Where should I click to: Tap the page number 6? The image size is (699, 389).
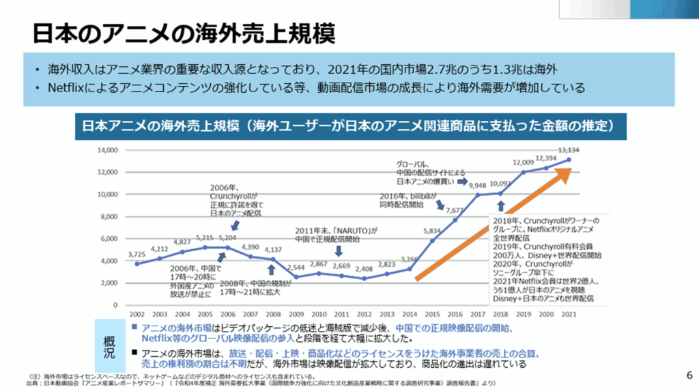click(x=687, y=374)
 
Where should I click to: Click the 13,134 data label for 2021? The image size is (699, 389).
click(x=569, y=150)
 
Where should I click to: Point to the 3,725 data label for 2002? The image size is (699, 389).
click(x=137, y=255)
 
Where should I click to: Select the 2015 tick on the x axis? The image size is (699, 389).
click(x=432, y=313)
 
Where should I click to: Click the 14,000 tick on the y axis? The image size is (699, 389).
click(x=108, y=149)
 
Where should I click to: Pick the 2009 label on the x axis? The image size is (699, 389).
click(x=296, y=313)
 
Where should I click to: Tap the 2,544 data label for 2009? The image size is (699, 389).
click(x=296, y=268)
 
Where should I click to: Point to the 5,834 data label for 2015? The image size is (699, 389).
click(x=431, y=231)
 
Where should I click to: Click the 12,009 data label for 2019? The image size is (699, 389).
click(x=524, y=162)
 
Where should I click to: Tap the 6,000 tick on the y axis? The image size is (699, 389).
click(x=110, y=238)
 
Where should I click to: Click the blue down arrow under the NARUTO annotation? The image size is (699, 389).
click(x=339, y=252)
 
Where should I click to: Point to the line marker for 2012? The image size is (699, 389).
click(x=364, y=278)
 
